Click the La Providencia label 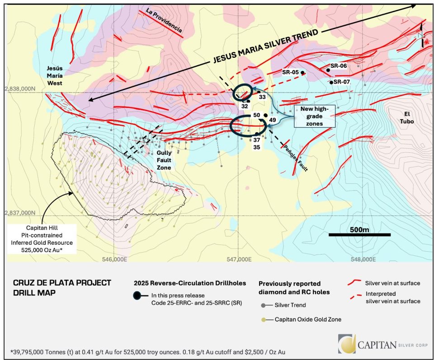point(164,22)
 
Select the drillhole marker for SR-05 point(302,73)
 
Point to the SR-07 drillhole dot point(331,82)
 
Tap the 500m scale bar point(359,234)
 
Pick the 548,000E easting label point(363,260)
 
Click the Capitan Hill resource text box point(42,238)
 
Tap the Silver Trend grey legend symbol point(264,305)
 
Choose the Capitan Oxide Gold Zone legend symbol point(264,319)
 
